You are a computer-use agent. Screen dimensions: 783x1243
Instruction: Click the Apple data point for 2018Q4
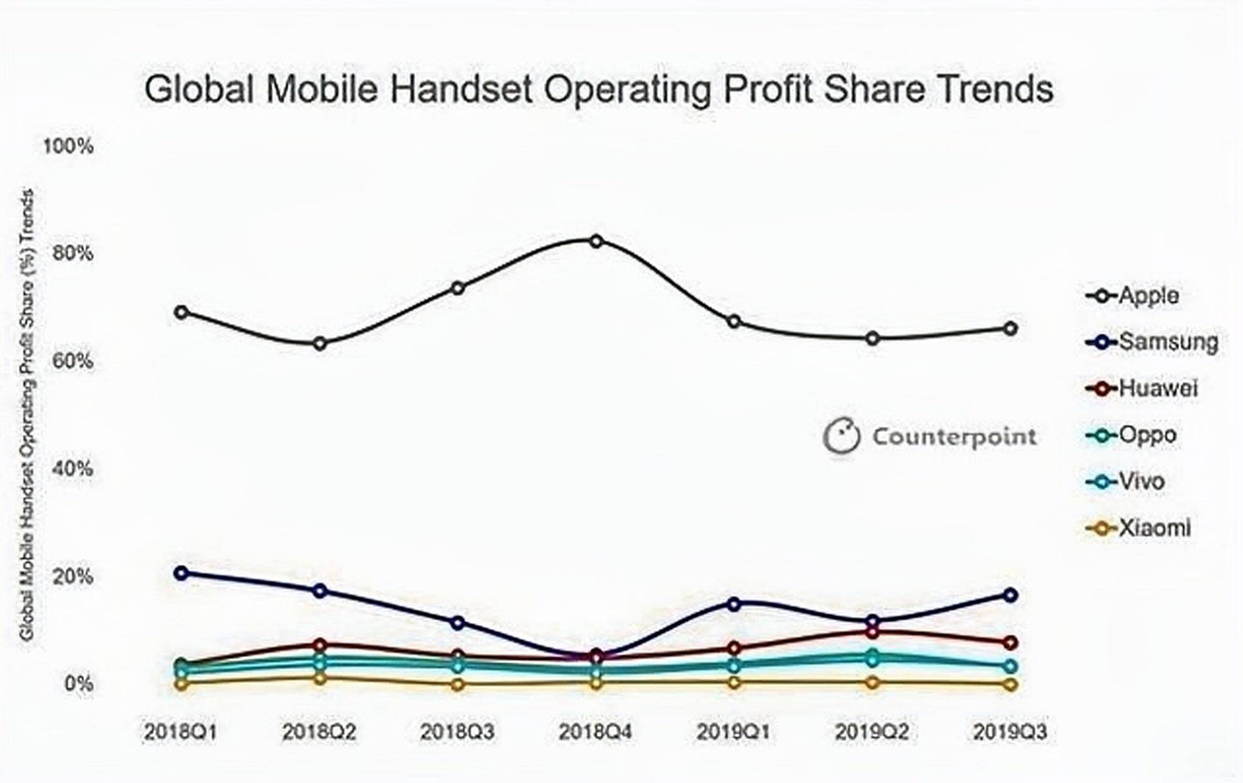pyautogui.click(x=596, y=241)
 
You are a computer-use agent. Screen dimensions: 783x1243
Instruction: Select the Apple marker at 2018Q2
pyautogui.click(x=320, y=344)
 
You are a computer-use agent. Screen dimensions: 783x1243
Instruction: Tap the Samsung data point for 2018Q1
pyautogui.click(x=181, y=573)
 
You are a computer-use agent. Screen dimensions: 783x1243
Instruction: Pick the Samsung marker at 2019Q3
pyautogui.click(x=1010, y=595)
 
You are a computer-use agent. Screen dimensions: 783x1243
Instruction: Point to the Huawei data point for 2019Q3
pyautogui.click(x=1010, y=642)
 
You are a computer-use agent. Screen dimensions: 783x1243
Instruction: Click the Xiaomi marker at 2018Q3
pyautogui.click(x=458, y=685)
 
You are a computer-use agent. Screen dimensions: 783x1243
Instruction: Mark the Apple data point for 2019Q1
pyautogui.click(x=734, y=321)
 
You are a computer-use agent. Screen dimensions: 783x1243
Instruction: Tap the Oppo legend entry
pyautogui.click(x=1131, y=435)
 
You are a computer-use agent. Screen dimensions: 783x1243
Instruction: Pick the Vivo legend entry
pyautogui.click(x=1125, y=482)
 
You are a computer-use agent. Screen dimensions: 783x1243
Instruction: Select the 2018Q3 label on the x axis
pyautogui.click(x=458, y=732)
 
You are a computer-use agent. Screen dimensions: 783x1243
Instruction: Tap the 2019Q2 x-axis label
pyautogui.click(x=872, y=732)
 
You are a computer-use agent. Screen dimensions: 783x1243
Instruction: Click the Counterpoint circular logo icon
pyautogui.click(x=841, y=435)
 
